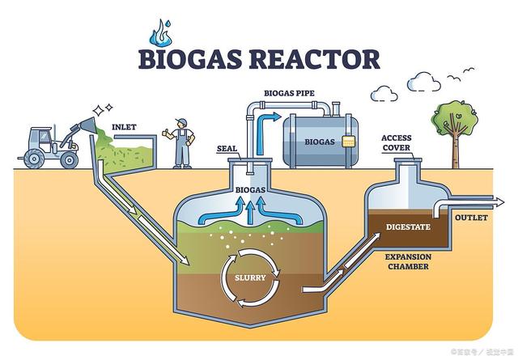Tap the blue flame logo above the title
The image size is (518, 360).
coord(161,32)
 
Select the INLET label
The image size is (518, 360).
coord(123,127)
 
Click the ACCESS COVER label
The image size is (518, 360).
coord(397,142)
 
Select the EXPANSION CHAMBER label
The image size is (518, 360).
coord(407,260)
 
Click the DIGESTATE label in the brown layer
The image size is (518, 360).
coord(407,226)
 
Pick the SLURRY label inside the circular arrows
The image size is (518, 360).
coord(250,277)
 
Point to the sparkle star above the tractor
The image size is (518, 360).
coord(99,108)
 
